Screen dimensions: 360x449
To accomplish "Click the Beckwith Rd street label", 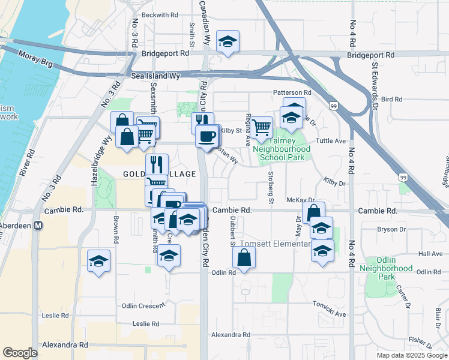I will point(160,14).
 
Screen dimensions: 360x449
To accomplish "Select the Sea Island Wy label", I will point(155,76).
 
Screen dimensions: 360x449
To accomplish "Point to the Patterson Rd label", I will point(292,92).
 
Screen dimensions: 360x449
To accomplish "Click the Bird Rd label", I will point(391,99).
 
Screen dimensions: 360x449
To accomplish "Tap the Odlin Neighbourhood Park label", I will point(394,268).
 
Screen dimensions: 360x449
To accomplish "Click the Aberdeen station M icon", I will point(37,226).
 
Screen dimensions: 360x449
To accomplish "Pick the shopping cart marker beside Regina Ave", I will point(261,127).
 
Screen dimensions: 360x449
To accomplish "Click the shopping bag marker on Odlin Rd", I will point(244,257).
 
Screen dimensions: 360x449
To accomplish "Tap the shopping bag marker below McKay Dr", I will point(313,212).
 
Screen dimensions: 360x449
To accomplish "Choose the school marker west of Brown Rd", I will point(99,260).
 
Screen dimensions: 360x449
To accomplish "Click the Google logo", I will point(20,353).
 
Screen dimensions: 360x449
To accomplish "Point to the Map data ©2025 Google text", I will point(411,355).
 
